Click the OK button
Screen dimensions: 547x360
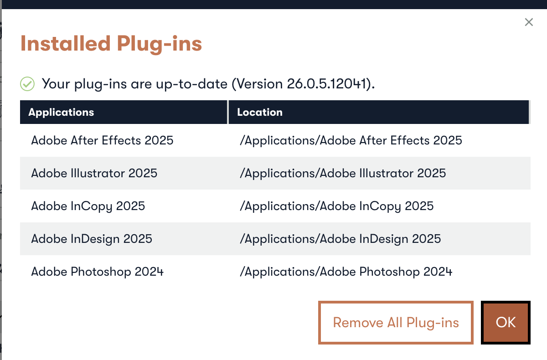506,323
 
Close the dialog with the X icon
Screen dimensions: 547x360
529,22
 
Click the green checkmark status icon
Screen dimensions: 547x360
27,84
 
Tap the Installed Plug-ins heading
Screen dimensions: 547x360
111,44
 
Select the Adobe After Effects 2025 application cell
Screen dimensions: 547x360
102,140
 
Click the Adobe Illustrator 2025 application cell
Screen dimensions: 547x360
94,173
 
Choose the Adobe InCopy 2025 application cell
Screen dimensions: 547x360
88,206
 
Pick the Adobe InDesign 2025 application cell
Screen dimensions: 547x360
92,239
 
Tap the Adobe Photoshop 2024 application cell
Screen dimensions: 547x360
98,272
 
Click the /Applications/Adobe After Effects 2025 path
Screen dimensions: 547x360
351,141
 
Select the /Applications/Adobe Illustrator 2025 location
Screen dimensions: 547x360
343,173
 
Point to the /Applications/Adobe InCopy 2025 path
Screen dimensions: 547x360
337,206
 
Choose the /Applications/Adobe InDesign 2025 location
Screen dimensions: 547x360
341,239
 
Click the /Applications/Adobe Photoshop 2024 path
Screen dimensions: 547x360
346,272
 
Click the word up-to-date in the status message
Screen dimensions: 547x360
192,84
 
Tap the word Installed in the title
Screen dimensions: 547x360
66,43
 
